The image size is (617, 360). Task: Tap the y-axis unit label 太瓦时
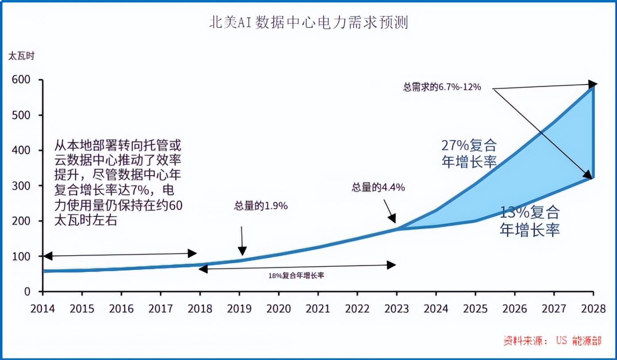click(21, 56)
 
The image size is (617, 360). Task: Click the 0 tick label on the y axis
click(27, 291)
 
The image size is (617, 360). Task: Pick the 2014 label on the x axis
click(42, 308)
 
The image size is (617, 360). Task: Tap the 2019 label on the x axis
click(239, 308)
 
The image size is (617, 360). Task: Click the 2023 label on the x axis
click(397, 308)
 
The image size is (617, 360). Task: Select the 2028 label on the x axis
click(594, 308)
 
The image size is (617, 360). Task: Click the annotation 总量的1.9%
click(261, 206)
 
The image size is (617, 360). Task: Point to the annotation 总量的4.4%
click(378, 187)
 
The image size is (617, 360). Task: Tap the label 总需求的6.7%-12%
click(442, 87)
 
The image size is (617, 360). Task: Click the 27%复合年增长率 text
click(469, 153)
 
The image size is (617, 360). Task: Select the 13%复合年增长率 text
click(530, 221)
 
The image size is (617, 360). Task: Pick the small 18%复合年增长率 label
click(296, 275)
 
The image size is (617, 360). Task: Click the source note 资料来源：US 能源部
click(552, 341)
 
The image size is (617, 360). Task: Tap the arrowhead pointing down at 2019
click(242, 251)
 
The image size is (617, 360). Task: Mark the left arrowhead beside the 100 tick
click(47, 256)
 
